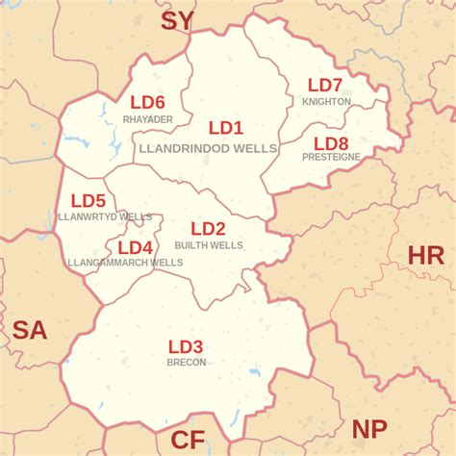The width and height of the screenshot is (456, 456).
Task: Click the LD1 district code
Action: click(x=226, y=128)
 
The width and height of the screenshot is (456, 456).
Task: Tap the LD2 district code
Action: click(x=208, y=229)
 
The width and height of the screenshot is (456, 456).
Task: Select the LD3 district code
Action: click(x=186, y=346)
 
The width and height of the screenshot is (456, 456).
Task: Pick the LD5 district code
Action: click(x=88, y=201)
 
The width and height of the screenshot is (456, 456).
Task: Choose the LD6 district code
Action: click(x=147, y=103)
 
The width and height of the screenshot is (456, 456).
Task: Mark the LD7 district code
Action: click(x=325, y=86)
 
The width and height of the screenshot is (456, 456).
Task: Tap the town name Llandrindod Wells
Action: click(x=208, y=149)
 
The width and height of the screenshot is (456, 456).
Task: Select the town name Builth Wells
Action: click(x=209, y=245)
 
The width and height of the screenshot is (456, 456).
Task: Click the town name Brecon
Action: click(x=186, y=363)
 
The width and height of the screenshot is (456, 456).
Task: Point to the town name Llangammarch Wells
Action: click(x=125, y=263)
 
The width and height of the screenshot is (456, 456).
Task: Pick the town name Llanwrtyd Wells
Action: click(x=105, y=217)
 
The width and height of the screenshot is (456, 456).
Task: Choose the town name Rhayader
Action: click(x=147, y=119)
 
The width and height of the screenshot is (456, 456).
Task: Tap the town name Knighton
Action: click(x=326, y=101)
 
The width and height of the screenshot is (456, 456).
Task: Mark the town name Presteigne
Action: click(x=331, y=157)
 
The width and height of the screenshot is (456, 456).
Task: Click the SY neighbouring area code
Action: click(x=177, y=21)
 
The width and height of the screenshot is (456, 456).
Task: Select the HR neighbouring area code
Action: click(x=426, y=256)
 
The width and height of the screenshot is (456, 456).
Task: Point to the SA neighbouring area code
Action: click(x=29, y=331)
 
